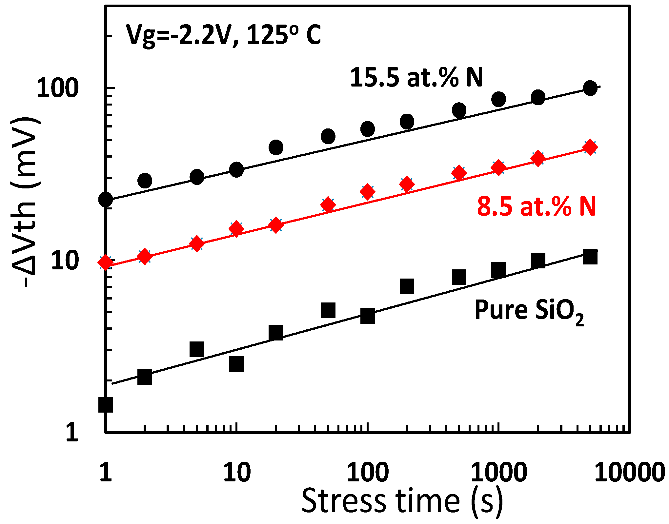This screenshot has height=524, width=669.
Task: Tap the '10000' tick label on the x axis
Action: point(629,473)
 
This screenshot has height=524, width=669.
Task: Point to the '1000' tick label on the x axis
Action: point(498,473)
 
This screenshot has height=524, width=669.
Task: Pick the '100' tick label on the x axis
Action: point(368,473)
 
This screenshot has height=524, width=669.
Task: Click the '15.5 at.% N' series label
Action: point(416,78)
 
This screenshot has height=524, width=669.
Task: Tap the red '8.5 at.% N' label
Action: point(537,207)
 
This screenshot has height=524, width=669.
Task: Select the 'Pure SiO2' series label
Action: point(529,310)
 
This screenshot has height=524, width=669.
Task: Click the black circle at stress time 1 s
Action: point(106,199)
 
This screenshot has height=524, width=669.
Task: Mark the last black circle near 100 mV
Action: point(590,88)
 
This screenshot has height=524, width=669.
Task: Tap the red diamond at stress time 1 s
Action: point(106,262)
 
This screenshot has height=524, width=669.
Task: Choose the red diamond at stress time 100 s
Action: point(368,192)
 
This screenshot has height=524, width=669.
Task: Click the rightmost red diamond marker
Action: point(590,147)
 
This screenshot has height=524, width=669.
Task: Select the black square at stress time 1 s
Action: point(106,404)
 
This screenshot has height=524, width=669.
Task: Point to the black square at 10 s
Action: point(236,364)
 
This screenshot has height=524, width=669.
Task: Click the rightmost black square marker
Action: point(590,257)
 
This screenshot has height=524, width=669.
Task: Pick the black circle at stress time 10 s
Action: point(236,169)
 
